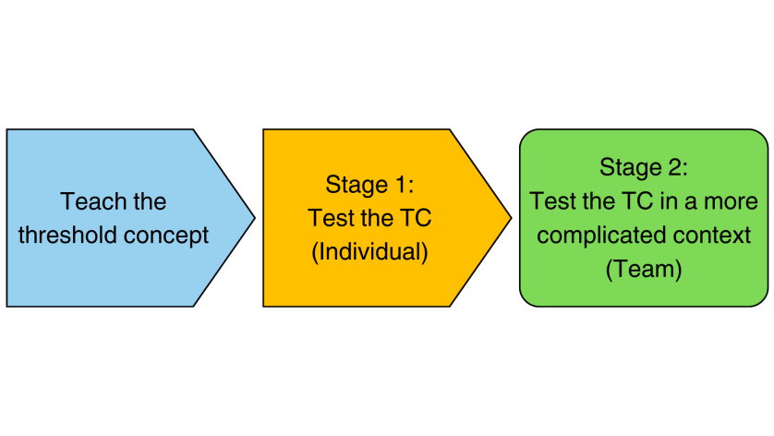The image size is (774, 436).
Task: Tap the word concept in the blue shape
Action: (x=166, y=236)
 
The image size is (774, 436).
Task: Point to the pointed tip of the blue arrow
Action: (x=255, y=218)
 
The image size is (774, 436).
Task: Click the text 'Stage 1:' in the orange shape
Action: (x=369, y=185)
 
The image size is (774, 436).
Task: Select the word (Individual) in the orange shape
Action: (x=369, y=252)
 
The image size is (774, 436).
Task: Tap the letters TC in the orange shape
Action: (x=416, y=218)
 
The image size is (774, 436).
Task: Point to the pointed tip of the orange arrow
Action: (x=512, y=218)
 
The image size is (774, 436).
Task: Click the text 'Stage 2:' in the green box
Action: (x=644, y=167)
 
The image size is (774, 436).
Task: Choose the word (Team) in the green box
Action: (x=644, y=269)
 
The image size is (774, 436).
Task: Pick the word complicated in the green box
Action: (x=593, y=236)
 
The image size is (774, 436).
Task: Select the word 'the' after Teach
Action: (x=150, y=201)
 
